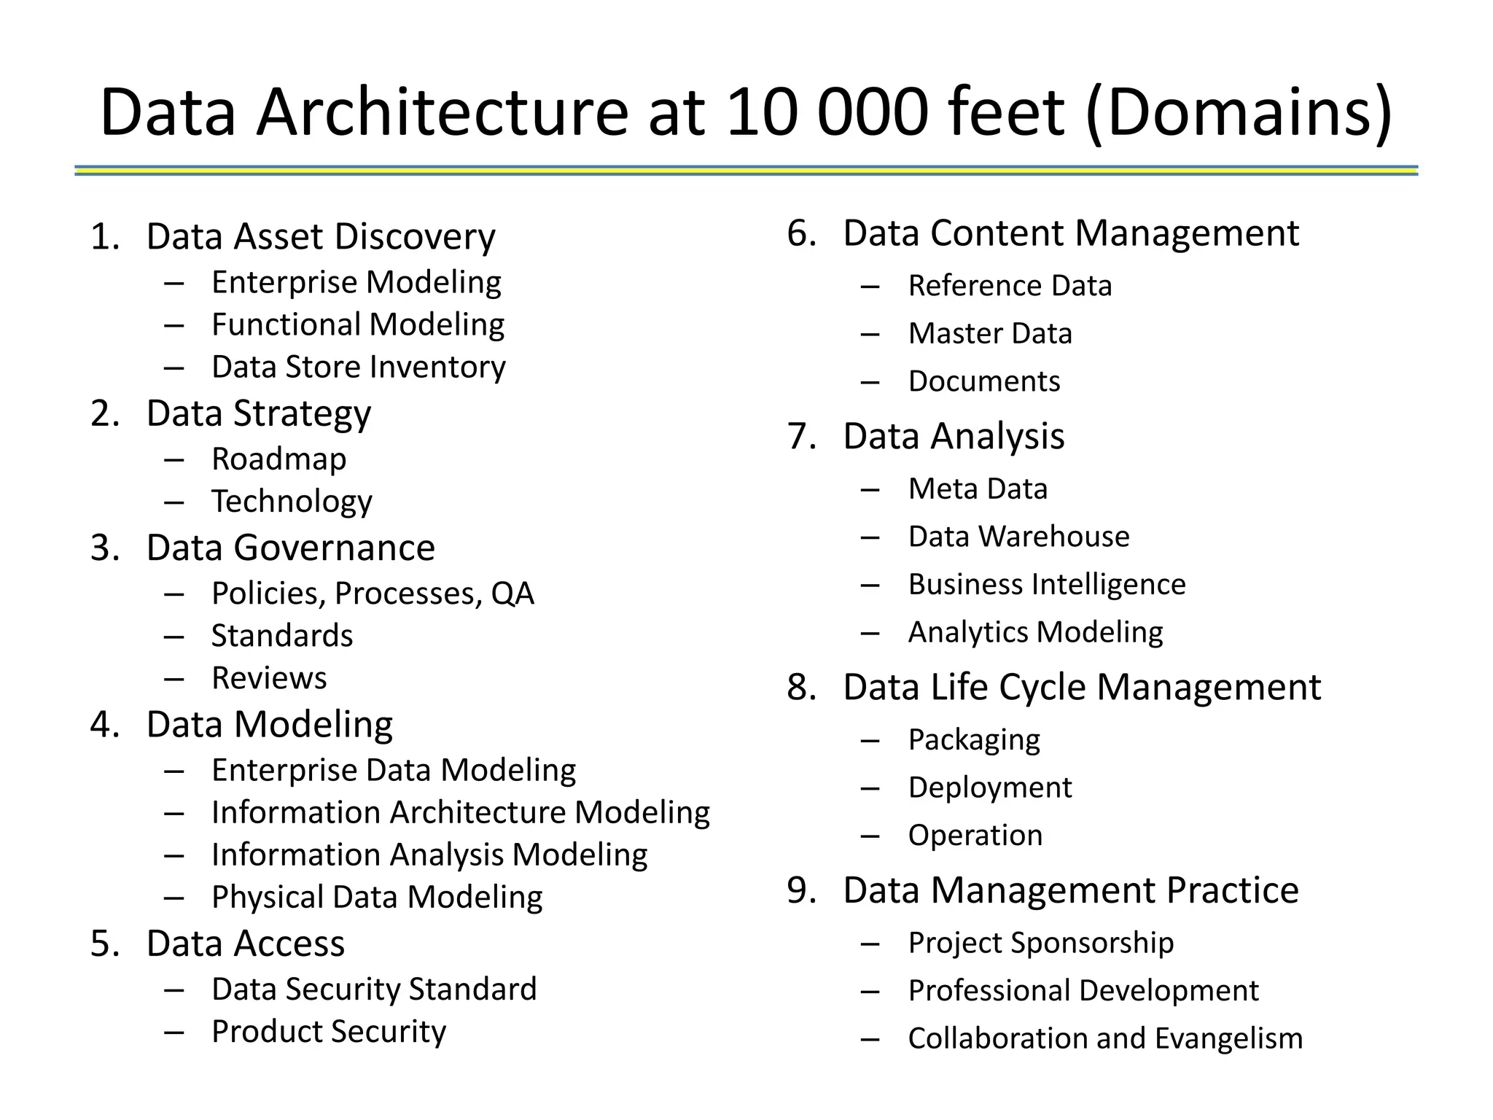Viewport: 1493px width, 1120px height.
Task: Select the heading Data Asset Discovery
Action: coord(321,236)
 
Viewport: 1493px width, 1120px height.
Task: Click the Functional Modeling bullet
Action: coord(358,324)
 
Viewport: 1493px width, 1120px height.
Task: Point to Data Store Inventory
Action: coord(359,367)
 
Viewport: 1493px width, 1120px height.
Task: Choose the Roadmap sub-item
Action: coord(279,459)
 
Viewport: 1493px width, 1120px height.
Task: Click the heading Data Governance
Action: coord(290,548)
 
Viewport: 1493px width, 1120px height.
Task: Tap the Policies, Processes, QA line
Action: coord(373,594)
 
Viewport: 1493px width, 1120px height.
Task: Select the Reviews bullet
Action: coord(269,678)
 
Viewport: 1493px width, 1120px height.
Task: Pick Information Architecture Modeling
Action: coord(461,812)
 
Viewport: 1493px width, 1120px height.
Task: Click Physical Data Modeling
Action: coord(377,897)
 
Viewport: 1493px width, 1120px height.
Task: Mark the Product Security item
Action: coord(329,1032)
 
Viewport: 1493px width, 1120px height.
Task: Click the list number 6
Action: coord(801,233)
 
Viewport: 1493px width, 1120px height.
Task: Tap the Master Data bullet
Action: coord(990,334)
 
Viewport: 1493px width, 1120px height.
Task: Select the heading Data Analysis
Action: coord(954,436)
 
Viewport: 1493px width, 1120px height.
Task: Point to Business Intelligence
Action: coord(1047,585)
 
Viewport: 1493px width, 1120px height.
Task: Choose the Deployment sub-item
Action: coord(990,787)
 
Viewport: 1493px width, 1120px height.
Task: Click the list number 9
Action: coord(801,890)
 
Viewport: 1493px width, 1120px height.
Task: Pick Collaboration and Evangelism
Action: coord(1105,1038)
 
